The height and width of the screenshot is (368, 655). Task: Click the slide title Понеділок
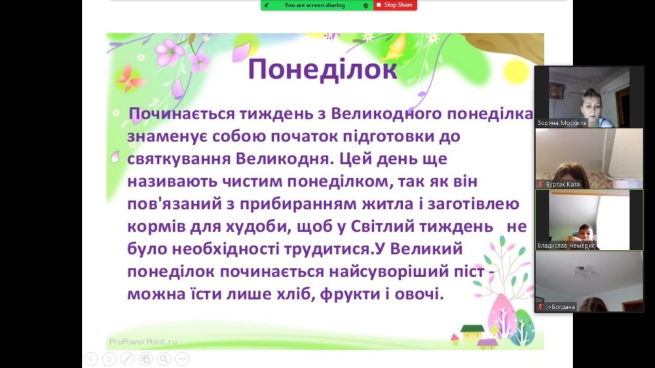(x=322, y=69)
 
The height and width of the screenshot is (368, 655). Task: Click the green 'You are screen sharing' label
(x=314, y=5)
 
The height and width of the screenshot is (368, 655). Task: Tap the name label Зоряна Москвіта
(x=562, y=123)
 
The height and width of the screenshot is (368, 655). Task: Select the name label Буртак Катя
(x=563, y=184)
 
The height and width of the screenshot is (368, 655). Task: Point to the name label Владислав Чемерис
(x=566, y=246)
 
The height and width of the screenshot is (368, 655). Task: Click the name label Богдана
(x=561, y=307)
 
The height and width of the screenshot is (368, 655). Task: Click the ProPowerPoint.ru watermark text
(x=143, y=342)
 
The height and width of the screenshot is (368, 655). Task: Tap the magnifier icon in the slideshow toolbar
(x=164, y=359)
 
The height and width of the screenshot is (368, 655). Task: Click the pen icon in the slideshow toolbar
(x=128, y=359)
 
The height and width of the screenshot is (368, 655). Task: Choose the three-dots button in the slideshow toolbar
(x=182, y=359)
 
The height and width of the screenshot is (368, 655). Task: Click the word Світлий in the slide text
(x=383, y=227)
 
